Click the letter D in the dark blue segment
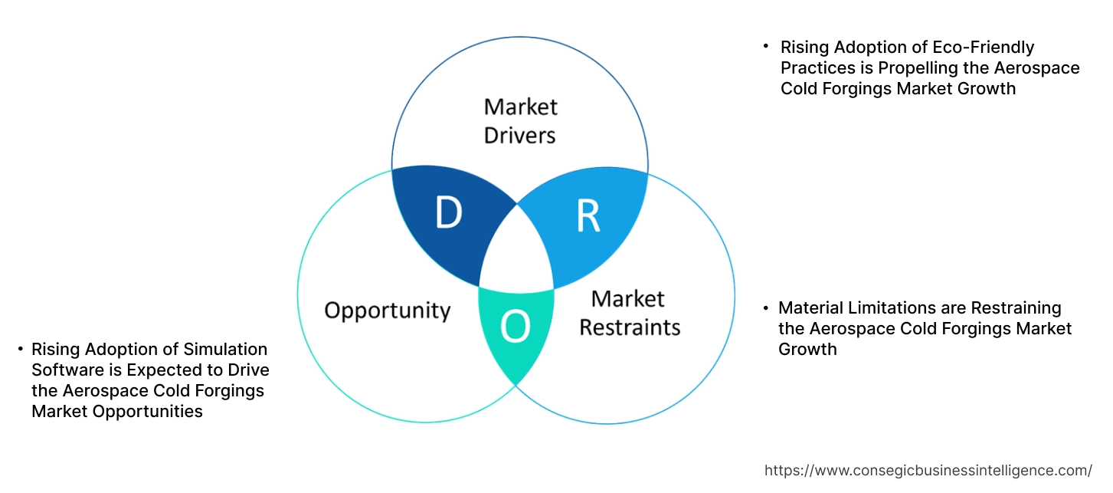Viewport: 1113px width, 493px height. click(x=448, y=214)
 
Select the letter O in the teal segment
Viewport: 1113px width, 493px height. click(x=515, y=327)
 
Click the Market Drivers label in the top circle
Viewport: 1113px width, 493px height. click(x=520, y=120)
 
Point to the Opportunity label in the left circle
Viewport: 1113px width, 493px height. click(x=387, y=311)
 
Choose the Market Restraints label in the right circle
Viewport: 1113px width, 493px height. click(x=629, y=313)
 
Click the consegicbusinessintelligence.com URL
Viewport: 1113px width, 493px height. click(x=928, y=470)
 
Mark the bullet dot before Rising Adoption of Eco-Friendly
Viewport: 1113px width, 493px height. click(x=765, y=47)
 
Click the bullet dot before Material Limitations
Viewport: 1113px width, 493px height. click(x=765, y=308)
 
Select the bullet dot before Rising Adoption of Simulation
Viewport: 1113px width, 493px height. click(x=20, y=350)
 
